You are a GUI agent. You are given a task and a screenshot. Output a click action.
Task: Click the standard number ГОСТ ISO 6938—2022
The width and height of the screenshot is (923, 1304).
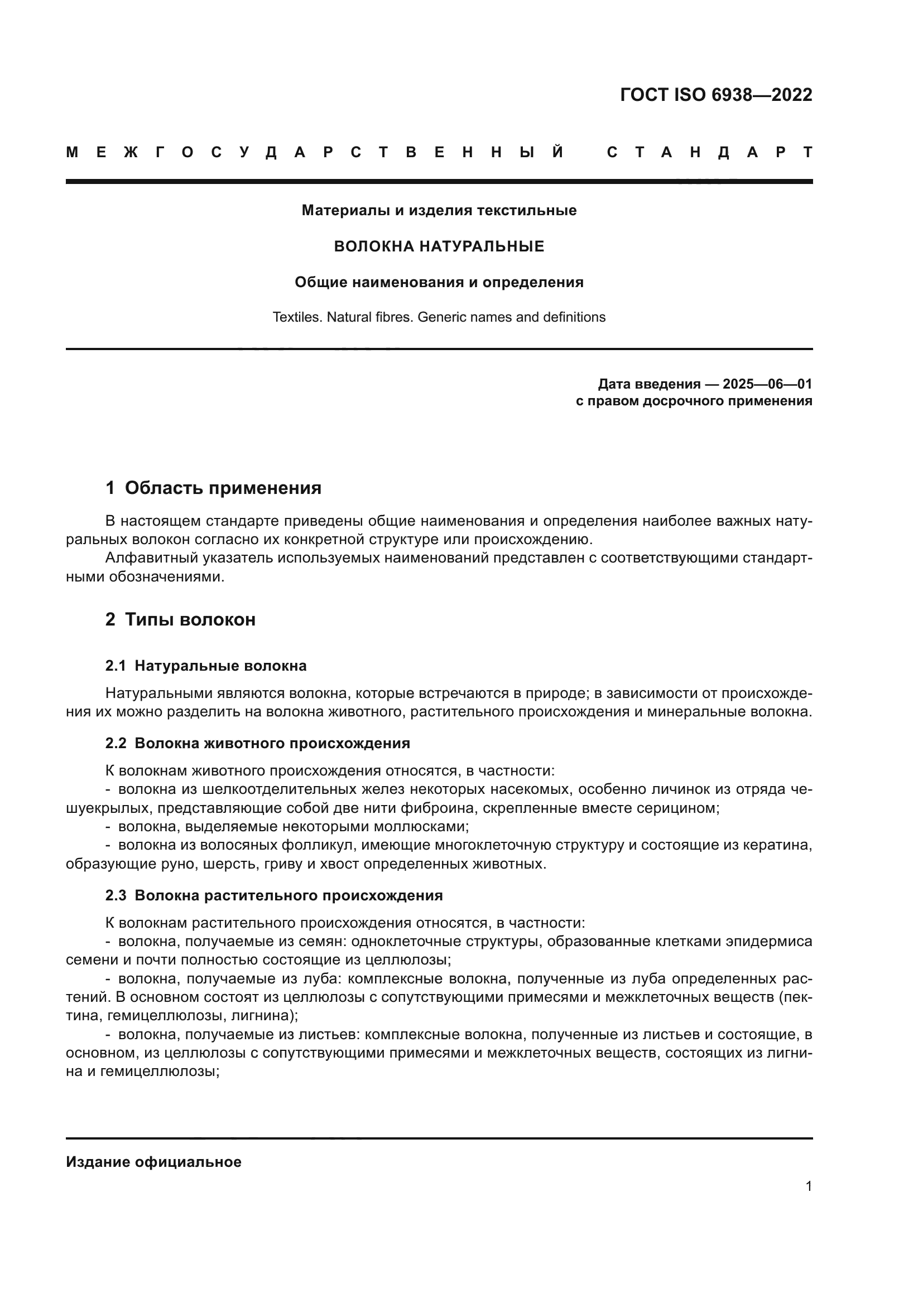click(715, 95)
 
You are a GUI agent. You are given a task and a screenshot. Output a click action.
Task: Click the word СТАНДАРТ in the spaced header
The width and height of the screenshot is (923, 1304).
click(709, 153)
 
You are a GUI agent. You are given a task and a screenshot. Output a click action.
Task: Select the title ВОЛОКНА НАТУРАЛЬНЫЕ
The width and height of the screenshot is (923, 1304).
click(439, 246)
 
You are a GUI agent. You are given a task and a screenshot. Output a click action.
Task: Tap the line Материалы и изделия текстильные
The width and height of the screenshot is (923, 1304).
click(439, 211)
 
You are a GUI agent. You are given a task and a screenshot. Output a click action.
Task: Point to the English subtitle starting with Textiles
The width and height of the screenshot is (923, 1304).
click(439, 317)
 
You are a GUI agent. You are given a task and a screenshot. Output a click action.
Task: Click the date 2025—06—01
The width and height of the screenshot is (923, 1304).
click(767, 384)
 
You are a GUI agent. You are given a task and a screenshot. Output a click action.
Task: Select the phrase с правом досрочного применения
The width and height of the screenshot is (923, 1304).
click(694, 401)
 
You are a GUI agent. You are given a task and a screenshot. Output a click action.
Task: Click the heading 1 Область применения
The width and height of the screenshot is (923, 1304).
click(213, 488)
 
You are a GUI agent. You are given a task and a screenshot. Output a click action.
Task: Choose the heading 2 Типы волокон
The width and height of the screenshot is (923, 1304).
click(180, 619)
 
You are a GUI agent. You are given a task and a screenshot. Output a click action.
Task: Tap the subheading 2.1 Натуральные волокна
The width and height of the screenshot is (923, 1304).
click(206, 666)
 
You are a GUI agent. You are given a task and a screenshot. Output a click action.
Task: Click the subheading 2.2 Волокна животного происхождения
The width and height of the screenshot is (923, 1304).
click(257, 744)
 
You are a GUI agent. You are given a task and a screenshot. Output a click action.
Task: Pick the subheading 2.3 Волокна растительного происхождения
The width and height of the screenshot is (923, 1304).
click(273, 896)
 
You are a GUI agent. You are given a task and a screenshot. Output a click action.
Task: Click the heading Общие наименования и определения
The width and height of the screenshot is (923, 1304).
click(439, 282)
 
